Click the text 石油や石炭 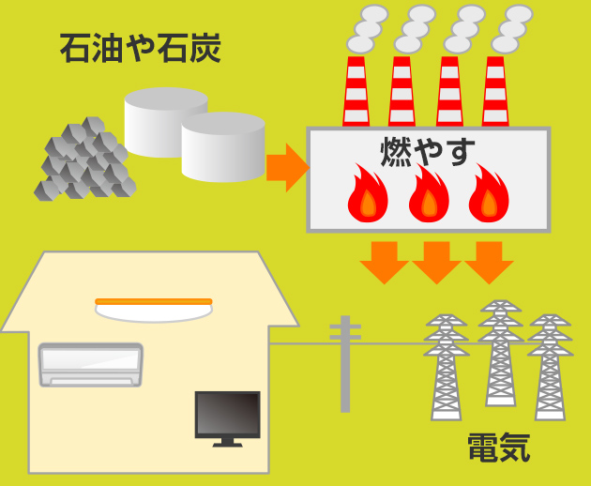click(140, 48)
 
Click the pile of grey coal click(85, 159)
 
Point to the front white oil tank click(223, 147)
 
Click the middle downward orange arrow click(436, 262)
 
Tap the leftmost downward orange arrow click(383, 262)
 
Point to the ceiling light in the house click(154, 308)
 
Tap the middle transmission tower click(499, 362)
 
